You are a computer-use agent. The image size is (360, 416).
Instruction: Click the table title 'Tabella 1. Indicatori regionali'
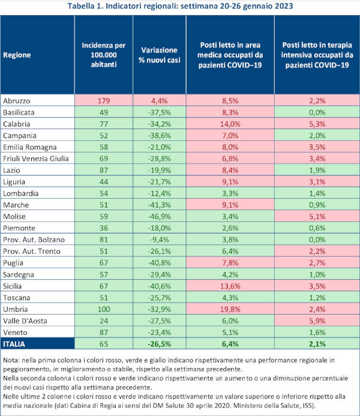click(x=180, y=7)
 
